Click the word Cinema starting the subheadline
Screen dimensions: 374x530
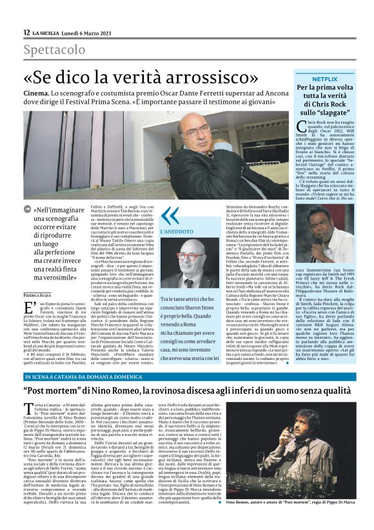tap(37, 94)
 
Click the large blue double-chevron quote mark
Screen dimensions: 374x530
tap(169, 215)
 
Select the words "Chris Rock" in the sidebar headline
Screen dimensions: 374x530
tap(323, 104)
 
